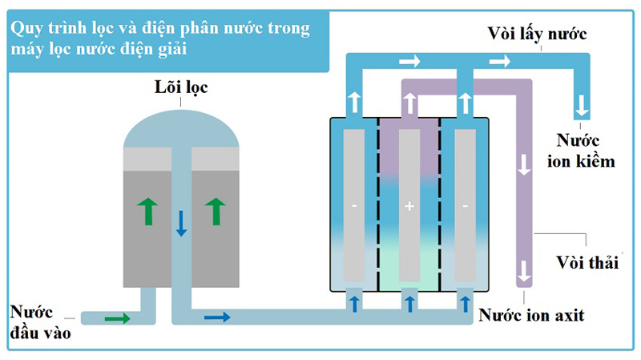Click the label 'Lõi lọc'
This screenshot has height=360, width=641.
pos(182,87)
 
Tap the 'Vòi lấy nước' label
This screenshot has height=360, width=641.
pos(538,34)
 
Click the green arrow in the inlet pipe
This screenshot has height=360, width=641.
pos(117,318)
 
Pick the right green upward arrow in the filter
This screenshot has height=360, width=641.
pos(215,212)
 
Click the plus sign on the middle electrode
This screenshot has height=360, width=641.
pos(409,207)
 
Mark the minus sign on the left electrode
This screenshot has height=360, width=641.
pos(353,207)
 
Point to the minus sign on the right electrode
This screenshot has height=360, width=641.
pos(466,207)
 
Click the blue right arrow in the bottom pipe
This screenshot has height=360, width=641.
pos(217,318)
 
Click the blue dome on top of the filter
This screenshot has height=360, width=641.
pos(182,128)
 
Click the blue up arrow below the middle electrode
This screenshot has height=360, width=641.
pos(409,303)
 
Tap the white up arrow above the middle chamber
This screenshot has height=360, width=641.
pos(409,102)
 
